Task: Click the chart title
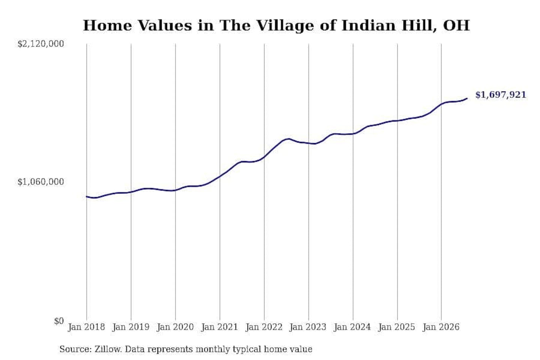point(276,25)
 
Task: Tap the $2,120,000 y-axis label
point(41,44)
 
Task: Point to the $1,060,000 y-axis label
point(41,182)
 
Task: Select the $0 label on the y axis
point(59,321)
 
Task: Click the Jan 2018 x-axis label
point(87,327)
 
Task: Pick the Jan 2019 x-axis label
point(131,327)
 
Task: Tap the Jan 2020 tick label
point(175,327)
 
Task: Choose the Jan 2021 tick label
point(220,327)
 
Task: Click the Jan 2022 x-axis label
point(264,327)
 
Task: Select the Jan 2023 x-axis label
point(308,327)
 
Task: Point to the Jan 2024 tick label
point(352,327)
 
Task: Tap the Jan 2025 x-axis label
point(397,327)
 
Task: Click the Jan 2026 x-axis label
point(441,327)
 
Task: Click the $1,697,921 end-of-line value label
point(501,95)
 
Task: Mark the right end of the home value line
point(467,98)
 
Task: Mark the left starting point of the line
point(87,196)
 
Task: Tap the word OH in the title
point(456,25)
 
